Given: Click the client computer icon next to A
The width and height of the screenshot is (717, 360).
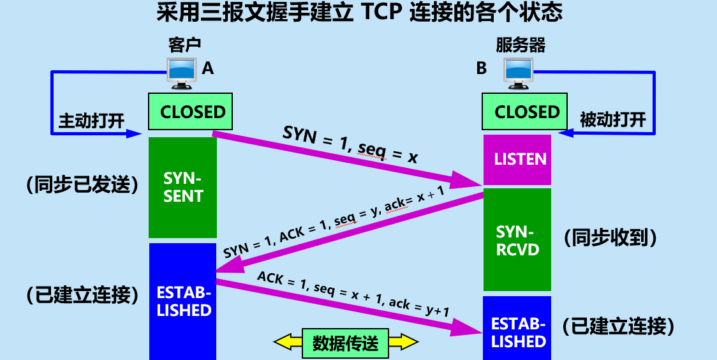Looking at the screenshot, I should [x=182, y=71].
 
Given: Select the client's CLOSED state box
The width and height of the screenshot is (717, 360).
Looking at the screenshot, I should [x=190, y=112].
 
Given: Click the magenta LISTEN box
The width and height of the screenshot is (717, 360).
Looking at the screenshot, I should [x=517, y=160].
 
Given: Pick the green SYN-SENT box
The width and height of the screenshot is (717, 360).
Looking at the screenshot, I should [x=182, y=188].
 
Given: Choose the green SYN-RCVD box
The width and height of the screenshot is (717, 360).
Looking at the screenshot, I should [x=517, y=240].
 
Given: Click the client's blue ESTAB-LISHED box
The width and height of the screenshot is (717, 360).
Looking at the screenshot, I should [x=183, y=301].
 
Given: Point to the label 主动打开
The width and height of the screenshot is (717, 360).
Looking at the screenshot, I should [x=91, y=121].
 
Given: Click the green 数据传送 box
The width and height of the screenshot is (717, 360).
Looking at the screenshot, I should [x=345, y=344].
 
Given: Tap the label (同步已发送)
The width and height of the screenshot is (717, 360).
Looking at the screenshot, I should [x=82, y=185].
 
